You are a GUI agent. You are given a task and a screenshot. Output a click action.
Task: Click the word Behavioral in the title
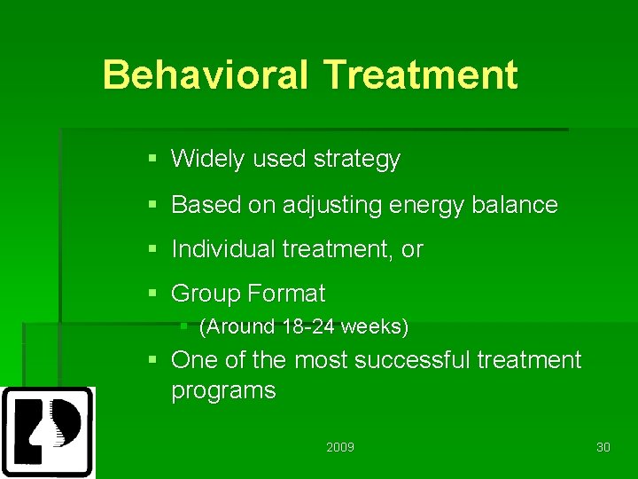(205, 74)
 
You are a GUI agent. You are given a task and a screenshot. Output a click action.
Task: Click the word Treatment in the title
(421, 74)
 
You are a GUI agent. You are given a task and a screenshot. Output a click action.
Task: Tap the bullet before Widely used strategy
(152, 158)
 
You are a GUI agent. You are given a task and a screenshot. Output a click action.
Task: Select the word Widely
(207, 159)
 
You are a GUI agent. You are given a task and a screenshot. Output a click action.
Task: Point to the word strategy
(357, 160)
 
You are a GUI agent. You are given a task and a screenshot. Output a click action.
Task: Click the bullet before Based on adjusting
(152, 204)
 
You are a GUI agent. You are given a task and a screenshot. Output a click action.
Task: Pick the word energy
(426, 206)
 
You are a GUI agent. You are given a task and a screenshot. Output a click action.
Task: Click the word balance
(514, 204)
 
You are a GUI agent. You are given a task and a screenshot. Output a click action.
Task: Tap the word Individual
(223, 248)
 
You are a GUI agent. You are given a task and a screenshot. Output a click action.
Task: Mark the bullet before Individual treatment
(152, 248)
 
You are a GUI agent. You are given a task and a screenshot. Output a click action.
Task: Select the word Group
(206, 294)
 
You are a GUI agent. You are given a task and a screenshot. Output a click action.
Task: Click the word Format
(286, 293)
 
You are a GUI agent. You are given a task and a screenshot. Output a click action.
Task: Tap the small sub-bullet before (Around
(183, 326)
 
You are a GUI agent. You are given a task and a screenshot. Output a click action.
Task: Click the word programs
(223, 391)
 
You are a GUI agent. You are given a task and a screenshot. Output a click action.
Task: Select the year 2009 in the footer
(340, 447)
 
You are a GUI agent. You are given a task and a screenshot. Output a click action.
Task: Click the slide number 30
(603, 447)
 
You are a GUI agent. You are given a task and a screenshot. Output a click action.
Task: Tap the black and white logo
(48, 432)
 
